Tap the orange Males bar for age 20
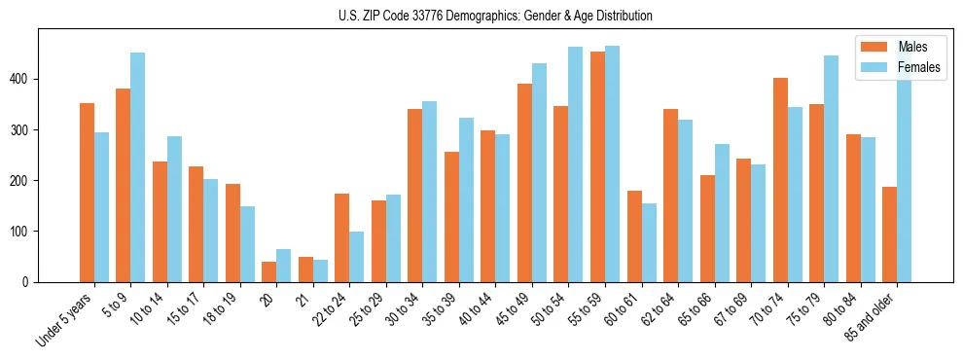pyautogui.click(x=268, y=271)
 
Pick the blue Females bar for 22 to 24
pyautogui.click(x=357, y=257)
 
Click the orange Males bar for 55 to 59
pyautogui.click(x=597, y=166)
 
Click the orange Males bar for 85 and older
pyautogui.click(x=889, y=234)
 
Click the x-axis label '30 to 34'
pyautogui.click(x=406, y=309)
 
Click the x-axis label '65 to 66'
pyautogui.click(x=697, y=309)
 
